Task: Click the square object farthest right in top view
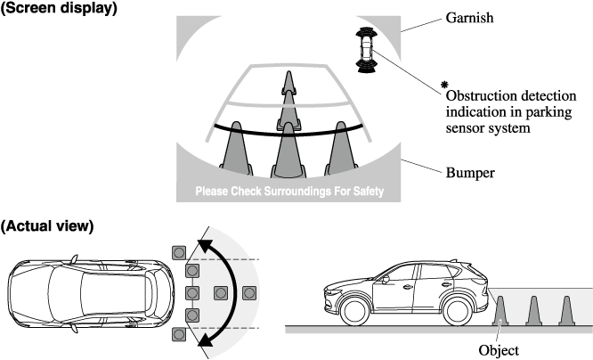[x=249, y=292]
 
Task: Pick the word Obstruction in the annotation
[x=476, y=96]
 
